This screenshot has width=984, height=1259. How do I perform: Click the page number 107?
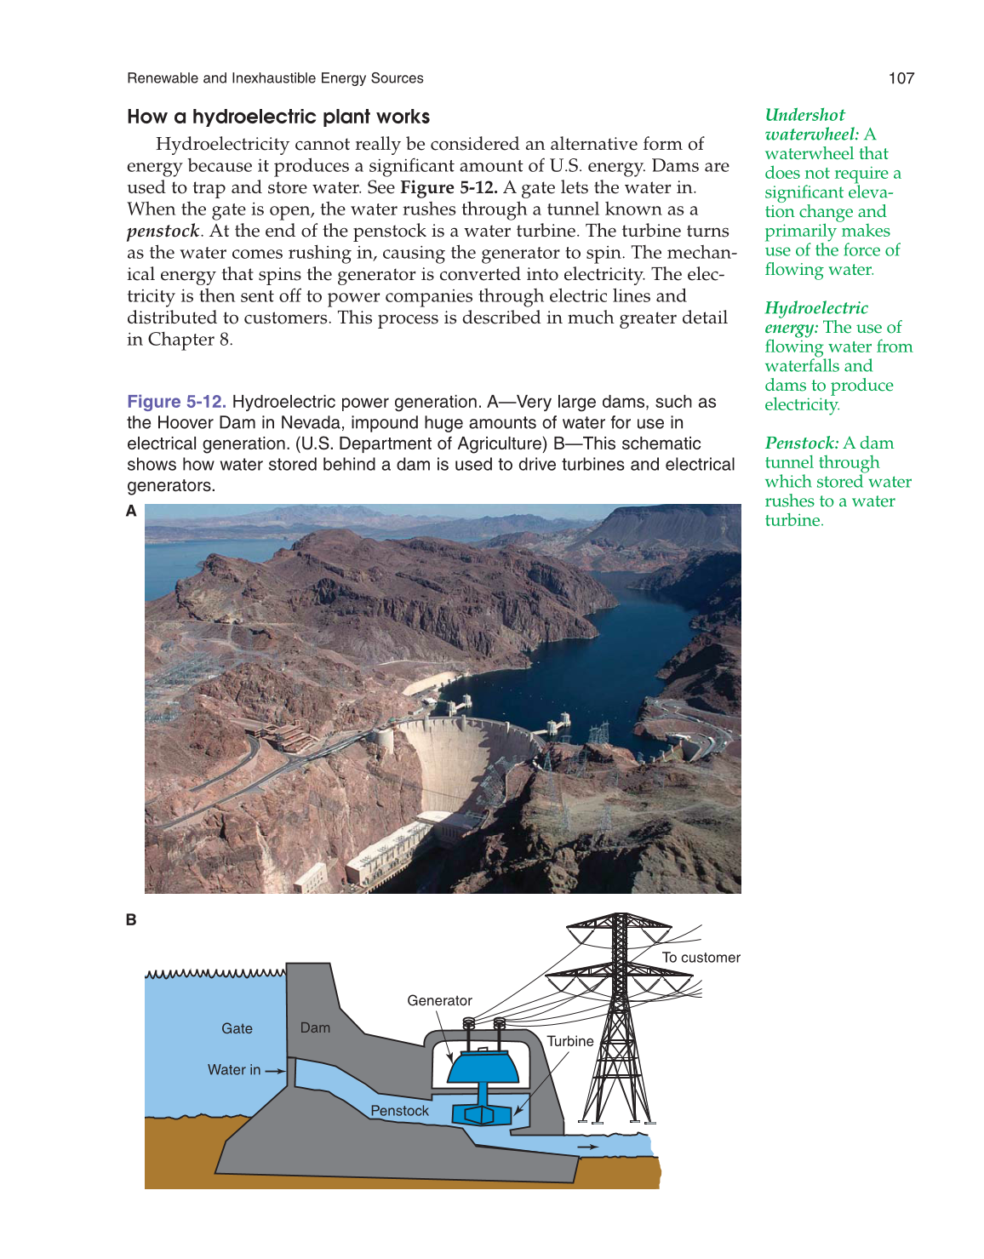tap(901, 78)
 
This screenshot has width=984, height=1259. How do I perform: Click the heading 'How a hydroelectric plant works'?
tap(278, 117)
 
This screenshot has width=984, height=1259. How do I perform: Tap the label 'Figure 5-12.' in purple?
tap(176, 402)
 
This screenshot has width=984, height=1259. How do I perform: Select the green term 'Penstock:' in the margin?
tap(801, 443)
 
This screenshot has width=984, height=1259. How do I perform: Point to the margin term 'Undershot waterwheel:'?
tap(805, 124)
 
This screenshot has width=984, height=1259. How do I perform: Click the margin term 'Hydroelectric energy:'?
tap(815, 317)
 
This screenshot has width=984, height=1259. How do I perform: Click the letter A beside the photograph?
tap(131, 511)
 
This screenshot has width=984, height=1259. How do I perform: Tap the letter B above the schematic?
tap(131, 919)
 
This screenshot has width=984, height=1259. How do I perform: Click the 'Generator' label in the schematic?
tap(439, 1000)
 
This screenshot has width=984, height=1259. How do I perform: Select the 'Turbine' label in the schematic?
tap(569, 1041)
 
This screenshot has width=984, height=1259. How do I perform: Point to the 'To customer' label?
tap(701, 957)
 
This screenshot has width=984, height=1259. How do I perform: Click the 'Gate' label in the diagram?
tap(237, 1028)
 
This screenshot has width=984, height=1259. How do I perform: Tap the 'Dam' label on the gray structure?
tap(315, 1027)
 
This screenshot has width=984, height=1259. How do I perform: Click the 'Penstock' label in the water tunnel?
tap(399, 1110)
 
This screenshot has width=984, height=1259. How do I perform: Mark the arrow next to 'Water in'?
tap(276, 1071)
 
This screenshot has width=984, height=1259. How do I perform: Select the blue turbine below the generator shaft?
tap(481, 1113)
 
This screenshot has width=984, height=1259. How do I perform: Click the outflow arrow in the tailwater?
tap(587, 1147)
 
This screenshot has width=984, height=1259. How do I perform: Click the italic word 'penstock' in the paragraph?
tap(163, 231)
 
